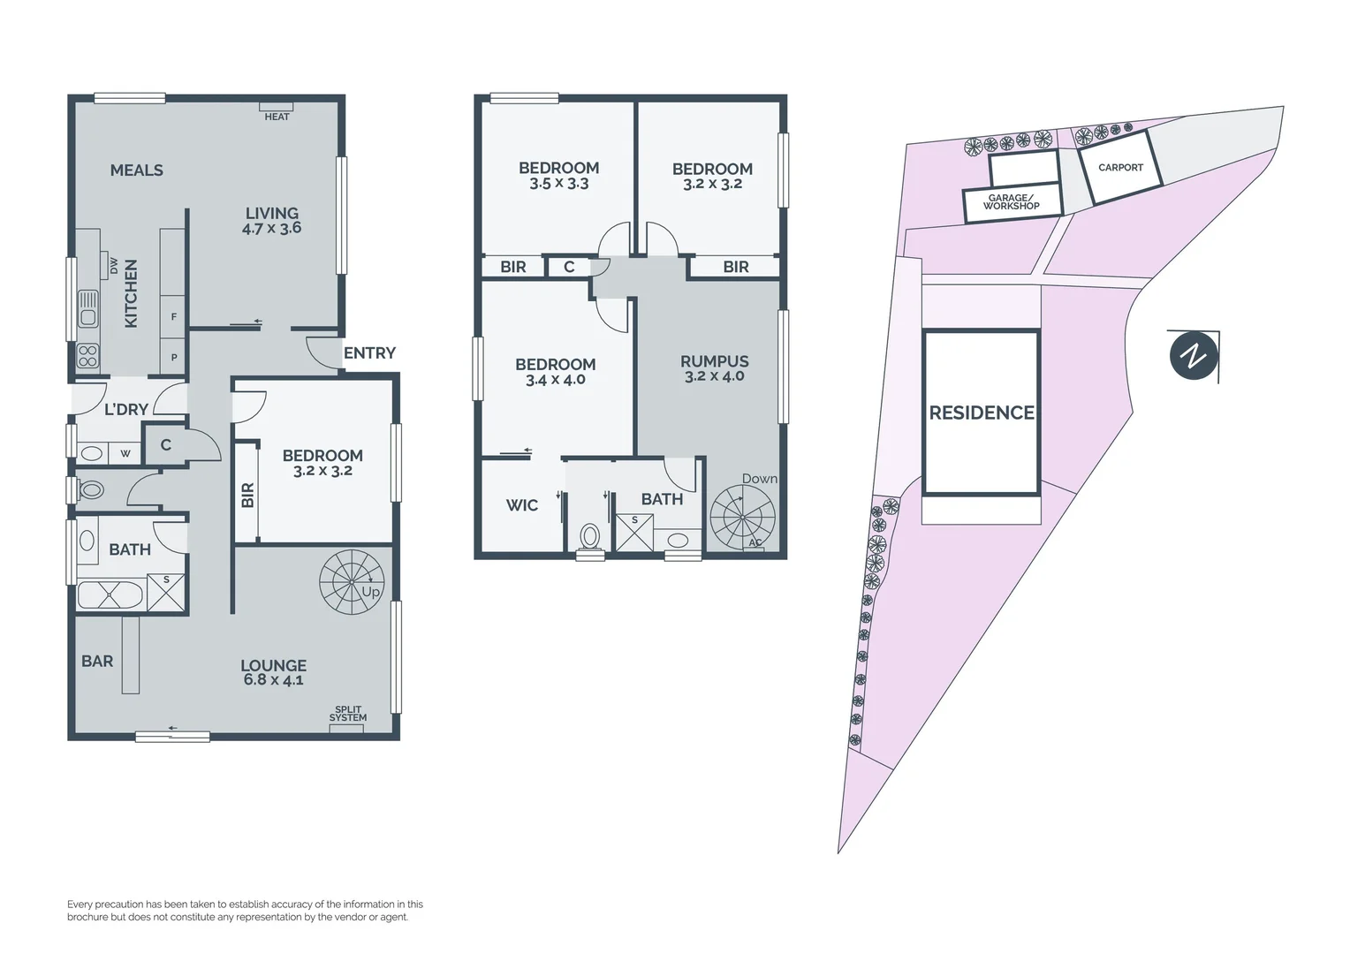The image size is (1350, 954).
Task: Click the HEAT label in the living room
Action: click(x=277, y=117)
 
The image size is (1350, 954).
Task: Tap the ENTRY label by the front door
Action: click(x=369, y=353)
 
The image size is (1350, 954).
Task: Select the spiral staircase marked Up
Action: click(x=351, y=581)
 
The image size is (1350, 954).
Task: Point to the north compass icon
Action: click(x=1194, y=357)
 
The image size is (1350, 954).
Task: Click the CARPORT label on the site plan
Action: click(x=1120, y=168)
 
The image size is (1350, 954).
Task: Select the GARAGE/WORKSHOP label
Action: click(x=1011, y=202)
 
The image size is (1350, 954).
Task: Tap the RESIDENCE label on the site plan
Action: click(x=981, y=413)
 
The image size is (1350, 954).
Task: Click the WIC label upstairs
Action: click(x=521, y=505)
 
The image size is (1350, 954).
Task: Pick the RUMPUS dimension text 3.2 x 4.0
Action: click(x=714, y=376)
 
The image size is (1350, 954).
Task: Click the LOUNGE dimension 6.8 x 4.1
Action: click(x=273, y=680)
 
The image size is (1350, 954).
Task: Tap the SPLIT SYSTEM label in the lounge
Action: click(x=347, y=714)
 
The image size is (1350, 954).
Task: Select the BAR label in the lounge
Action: click(x=97, y=661)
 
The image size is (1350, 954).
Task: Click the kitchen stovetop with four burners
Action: click(x=87, y=356)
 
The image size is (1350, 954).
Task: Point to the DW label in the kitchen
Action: click(x=114, y=265)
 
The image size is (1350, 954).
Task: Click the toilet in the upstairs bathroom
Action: click(x=589, y=535)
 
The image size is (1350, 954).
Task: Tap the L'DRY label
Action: click(x=125, y=409)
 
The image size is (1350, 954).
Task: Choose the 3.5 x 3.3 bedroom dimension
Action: click(x=558, y=184)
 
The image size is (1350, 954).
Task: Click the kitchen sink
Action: click(x=87, y=309)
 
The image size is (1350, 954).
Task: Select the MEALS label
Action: click(x=136, y=170)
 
